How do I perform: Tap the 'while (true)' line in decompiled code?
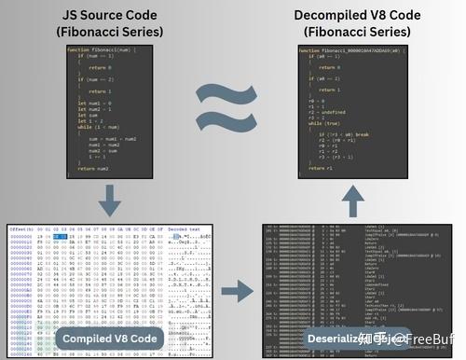(326, 123)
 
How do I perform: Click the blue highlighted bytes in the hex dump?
(58, 236)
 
